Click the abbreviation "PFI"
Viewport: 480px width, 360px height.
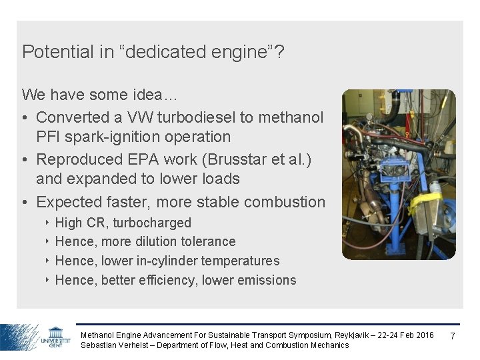pos(49,137)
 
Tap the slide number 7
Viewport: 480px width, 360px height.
pos(453,335)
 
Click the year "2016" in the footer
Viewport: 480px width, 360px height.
pos(424,335)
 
